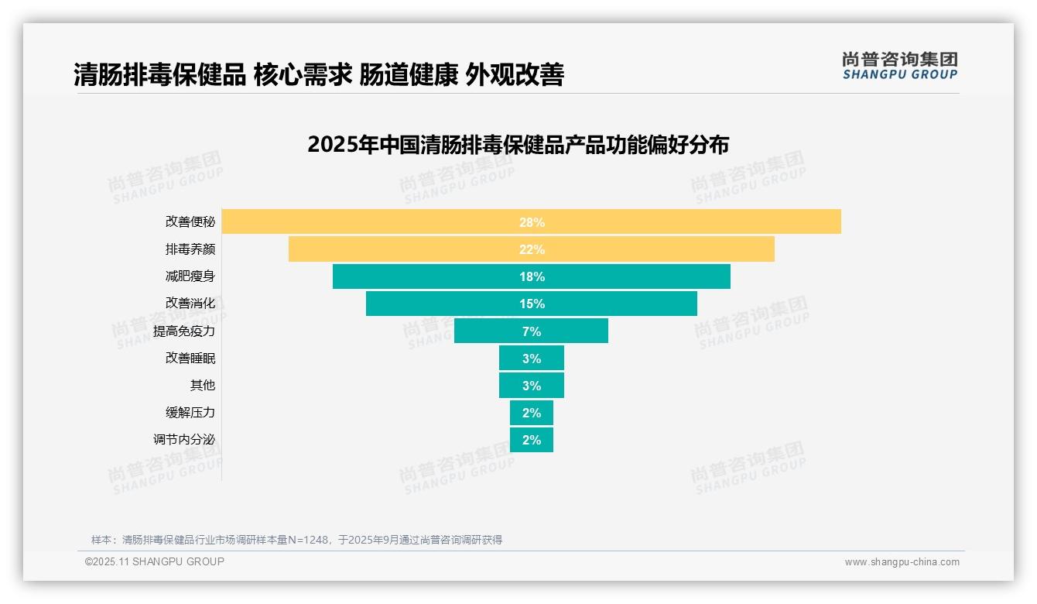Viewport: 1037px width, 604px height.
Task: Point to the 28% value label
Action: tap(532, 222)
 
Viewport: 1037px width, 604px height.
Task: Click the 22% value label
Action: tap(532, 249)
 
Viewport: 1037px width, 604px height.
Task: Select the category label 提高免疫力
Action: tap(184, 331)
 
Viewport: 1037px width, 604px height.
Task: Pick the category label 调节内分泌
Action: tap(184, 440)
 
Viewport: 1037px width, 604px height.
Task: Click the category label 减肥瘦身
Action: tap(190, 276)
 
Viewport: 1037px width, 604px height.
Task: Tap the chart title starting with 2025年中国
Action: tap(518, 145)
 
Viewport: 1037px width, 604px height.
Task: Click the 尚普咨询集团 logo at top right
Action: tap(899, 65)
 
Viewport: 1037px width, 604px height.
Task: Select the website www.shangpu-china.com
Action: tap(902, 562)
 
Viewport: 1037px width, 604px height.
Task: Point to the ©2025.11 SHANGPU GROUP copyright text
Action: tap(155, 561)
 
